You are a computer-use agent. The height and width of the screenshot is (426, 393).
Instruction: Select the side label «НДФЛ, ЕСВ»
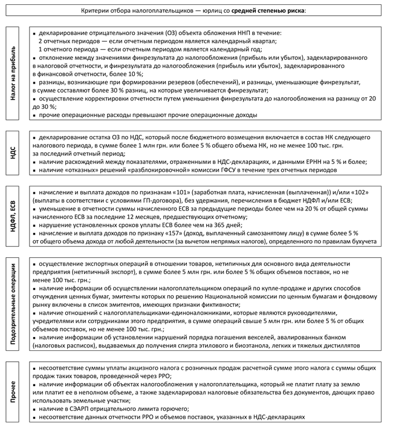click(13, 215)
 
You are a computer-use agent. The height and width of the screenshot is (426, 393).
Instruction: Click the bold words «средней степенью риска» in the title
click(268, 10)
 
